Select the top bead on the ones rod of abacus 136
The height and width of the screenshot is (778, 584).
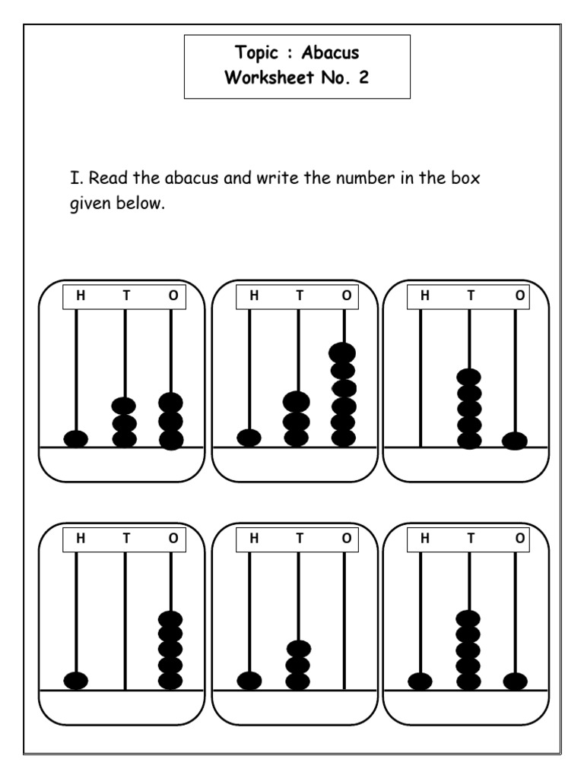pos(343,353)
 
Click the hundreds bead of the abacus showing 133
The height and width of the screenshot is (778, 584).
pos(76,438)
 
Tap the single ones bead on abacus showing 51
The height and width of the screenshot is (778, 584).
pos(515,440)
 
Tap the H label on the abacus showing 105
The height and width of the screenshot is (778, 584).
pos(80,538)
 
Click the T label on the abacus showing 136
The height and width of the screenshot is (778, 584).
pos(299,296)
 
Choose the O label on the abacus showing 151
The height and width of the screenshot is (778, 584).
pos(519,538)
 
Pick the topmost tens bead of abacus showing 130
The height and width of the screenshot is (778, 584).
pos(299,649)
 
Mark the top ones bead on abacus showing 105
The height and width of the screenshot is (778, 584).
pos(170,618)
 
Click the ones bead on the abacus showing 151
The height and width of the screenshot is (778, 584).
pos(515,681)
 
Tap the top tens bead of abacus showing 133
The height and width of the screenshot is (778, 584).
pos(124,406)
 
